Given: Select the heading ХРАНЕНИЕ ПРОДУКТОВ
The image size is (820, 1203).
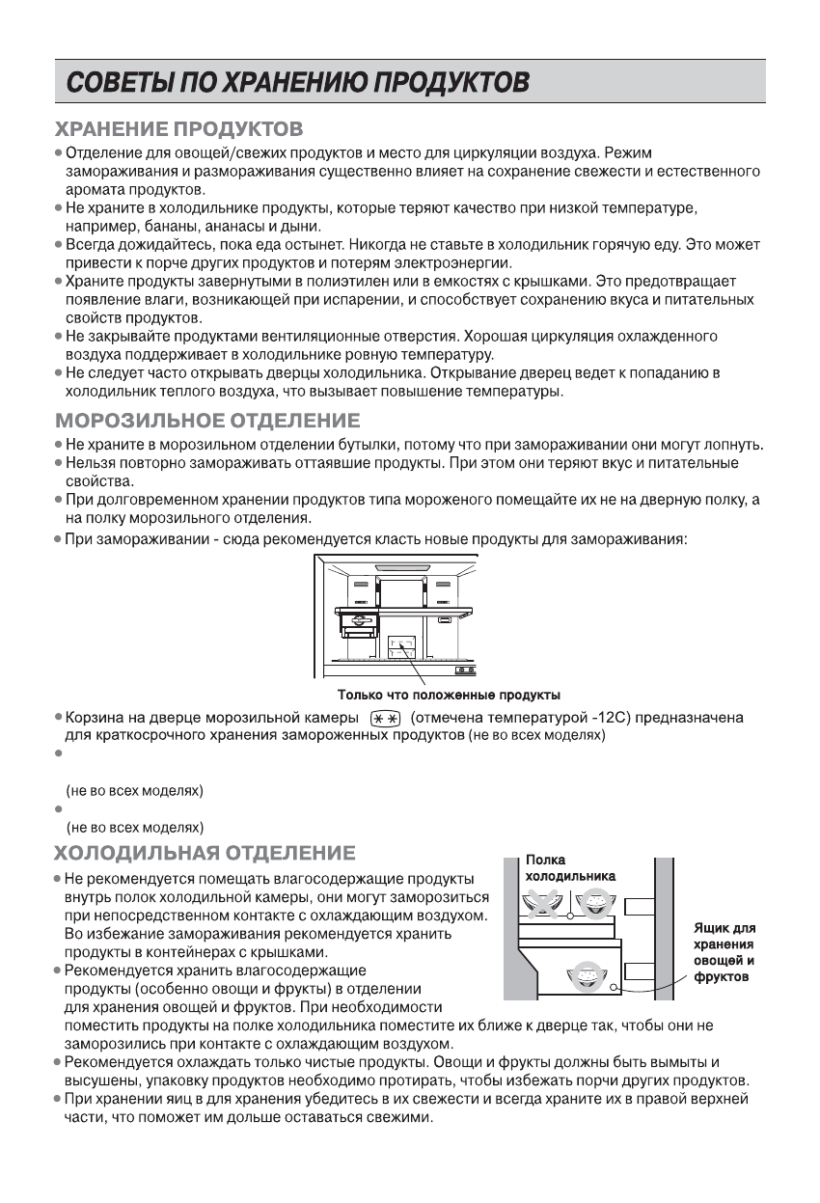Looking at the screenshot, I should [x=179, y=128].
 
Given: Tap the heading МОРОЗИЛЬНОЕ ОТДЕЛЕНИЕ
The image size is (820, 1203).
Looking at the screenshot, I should [x=208, y=421].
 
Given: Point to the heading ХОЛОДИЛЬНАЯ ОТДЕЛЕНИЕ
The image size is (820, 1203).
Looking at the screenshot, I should [x=205, y=853].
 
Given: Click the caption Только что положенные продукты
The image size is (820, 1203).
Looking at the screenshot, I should [x=449, y=695].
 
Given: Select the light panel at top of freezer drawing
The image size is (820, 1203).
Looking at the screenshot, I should [x=398, y=568].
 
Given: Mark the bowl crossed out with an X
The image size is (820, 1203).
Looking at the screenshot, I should [x=543, y=903].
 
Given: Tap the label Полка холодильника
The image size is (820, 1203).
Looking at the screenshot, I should [x=568, y=867].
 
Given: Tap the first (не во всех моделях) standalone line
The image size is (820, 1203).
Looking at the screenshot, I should [x=134, y=792].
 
